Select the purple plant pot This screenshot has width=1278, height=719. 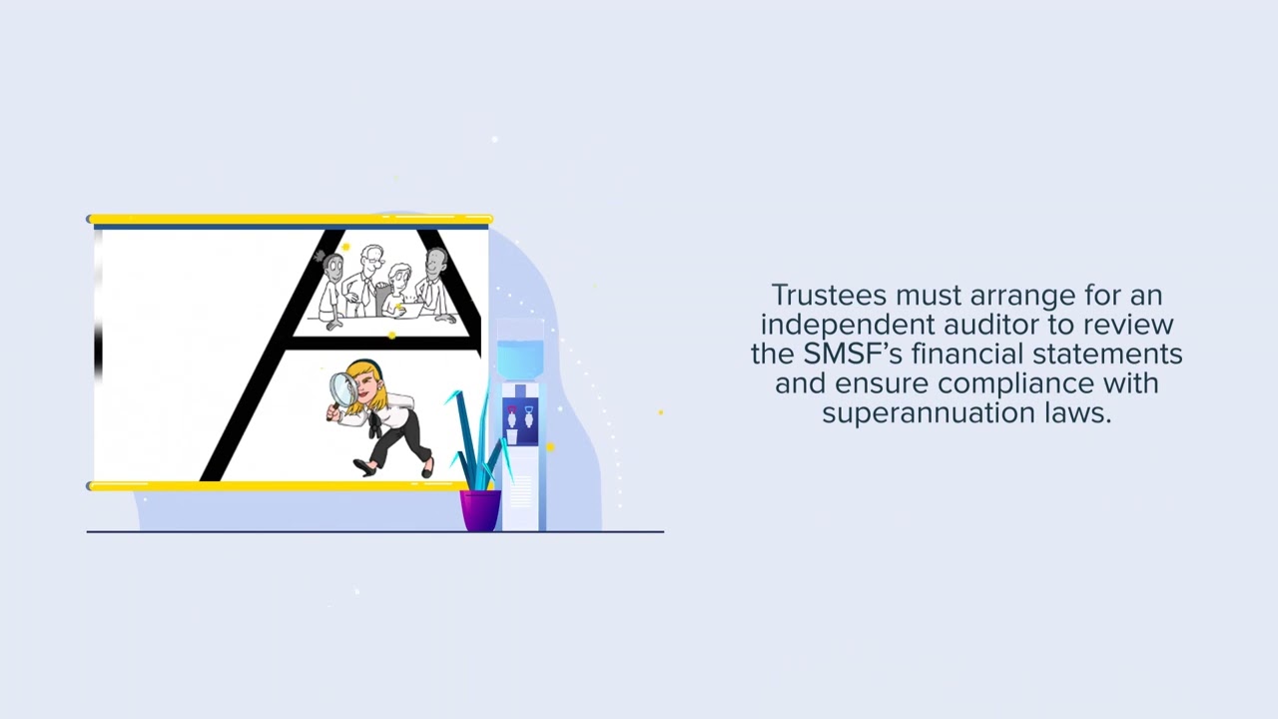pyautogui.click(x=480, y=509)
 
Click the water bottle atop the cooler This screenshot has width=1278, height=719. pyautogui.click(x=520, y=357)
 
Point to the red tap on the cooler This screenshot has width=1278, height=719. pyautogui.click(x=512, y=411)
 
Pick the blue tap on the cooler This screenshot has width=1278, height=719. pyautogui.click(x=528, y=411)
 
